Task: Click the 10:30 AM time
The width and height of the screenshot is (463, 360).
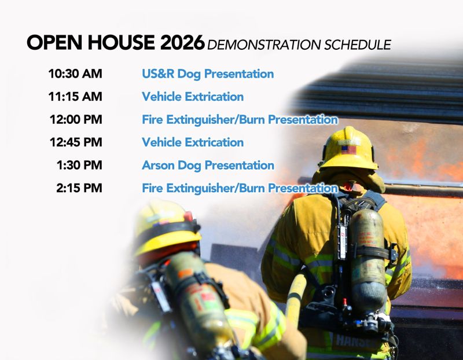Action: click(75, 74)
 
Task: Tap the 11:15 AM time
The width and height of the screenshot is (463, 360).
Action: click(75, 97)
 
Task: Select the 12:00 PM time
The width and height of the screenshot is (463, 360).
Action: click(75, 120)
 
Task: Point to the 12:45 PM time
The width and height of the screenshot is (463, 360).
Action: click(75, 142)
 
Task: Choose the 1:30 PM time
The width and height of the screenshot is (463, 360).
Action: click(79, 166)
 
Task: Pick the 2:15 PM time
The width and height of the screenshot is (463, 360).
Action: click(79, 188)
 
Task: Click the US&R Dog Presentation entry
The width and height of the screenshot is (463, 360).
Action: click(208, 74)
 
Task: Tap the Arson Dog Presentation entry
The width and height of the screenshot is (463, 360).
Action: click(208, 166)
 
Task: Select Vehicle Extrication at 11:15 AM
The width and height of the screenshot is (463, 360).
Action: click(193, 97)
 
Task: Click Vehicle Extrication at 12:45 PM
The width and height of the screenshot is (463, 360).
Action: click(193, 142)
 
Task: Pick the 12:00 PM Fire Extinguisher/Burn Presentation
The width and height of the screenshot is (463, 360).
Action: click(240, 120)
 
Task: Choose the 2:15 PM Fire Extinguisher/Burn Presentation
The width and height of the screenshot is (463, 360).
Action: click(240, 188)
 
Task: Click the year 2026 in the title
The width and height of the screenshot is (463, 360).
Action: click(183, 42)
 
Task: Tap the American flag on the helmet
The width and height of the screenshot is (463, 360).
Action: click(348, 149)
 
